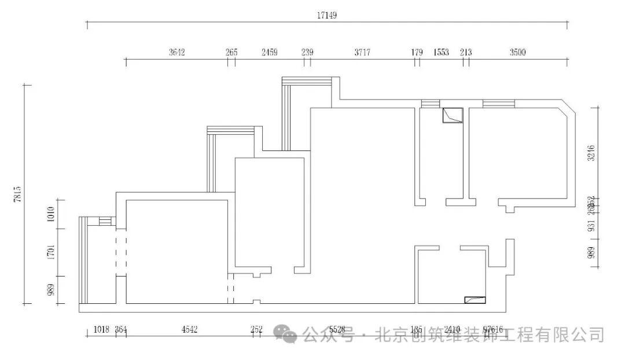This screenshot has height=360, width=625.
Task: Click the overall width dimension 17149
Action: click(326, 16)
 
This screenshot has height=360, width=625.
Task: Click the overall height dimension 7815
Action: click(18, 194)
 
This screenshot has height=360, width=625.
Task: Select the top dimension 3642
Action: click(177, 52)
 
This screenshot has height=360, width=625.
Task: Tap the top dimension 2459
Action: click(269, 52)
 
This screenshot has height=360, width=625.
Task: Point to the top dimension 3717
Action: click(362, 52)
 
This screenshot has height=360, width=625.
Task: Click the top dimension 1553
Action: click(441, 52)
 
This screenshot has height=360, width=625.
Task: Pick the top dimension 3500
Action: click(517, 52)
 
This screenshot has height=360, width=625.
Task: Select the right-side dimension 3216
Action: click(591, 153)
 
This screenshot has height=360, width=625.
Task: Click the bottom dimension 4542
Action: click(189, 329)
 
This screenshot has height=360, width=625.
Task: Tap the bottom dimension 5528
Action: click(336, 329)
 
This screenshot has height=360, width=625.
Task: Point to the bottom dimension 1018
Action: click(101, 329)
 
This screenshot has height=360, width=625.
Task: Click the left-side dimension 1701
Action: click(51, 252)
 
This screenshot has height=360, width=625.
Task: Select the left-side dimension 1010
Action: click(51, 214)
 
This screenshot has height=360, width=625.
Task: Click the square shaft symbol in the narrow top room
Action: click(452, 115)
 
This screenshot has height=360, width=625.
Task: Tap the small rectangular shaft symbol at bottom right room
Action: click(475, 299)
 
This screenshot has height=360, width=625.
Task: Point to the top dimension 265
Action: click(231, 52)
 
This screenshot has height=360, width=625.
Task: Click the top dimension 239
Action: click(307, 52)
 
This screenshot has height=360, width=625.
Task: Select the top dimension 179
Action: click(417, 52)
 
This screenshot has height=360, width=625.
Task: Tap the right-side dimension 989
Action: click(591, 254)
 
